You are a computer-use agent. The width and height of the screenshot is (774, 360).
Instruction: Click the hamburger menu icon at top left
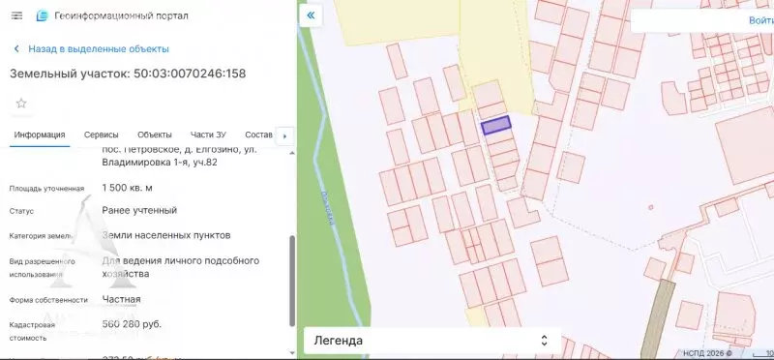coord(16,16)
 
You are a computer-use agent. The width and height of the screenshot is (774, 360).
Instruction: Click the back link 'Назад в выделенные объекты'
coord(99,48)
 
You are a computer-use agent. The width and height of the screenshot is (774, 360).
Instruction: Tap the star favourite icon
coord(21,103)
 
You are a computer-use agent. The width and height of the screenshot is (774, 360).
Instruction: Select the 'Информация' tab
coord(40,135)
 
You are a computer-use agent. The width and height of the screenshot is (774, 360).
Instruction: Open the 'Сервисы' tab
coord(101,135)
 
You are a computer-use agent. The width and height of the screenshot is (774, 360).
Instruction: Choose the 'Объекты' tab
coord(155,135)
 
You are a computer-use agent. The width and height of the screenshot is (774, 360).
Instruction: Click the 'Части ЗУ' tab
coord(208,135)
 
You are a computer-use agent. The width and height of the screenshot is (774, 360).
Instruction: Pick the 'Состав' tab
coord(259,135)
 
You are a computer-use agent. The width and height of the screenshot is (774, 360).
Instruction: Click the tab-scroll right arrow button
coord(284,136)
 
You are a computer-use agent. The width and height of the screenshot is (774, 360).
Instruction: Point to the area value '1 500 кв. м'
coord(128,188)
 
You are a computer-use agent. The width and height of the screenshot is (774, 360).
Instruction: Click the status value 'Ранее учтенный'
coord(139,210)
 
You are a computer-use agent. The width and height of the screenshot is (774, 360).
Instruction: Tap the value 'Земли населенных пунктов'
coord(166,235)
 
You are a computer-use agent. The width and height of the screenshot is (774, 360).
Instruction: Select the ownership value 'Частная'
coord(121,299)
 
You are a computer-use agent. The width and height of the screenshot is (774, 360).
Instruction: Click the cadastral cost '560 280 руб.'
coord(132,324)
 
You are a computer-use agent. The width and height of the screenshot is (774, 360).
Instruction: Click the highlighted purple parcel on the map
coord(495,125)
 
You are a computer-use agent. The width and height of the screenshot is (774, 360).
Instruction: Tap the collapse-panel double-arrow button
coord(311,16)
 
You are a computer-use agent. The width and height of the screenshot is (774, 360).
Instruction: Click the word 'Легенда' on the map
coord(338,341)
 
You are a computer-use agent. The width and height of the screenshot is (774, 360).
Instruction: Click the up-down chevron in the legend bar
coord(543,341)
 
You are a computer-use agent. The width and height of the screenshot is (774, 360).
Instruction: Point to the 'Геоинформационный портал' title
coord(122,16)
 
